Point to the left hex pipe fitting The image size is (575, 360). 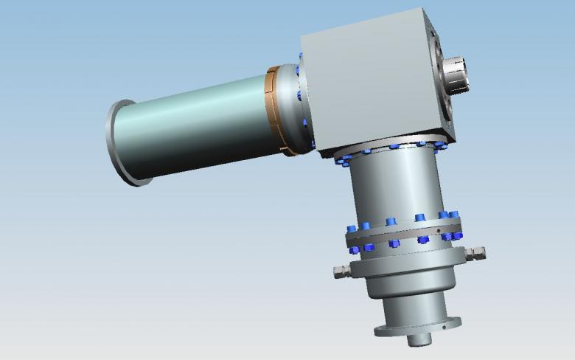pos(341,271)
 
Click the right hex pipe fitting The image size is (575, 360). pos(478,253)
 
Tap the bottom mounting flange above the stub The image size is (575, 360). pos(417,327)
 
